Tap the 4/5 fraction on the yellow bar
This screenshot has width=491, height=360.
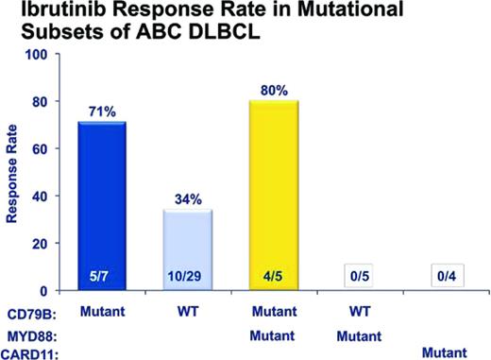[272, 277]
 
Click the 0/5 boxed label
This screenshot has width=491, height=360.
[357, 277]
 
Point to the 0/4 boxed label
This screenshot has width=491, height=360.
[442, 277]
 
